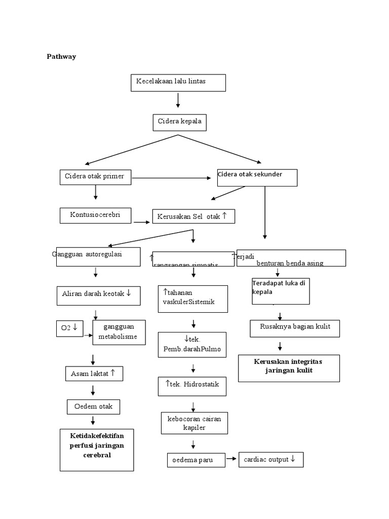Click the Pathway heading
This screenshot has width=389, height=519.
click(x=61, y=57)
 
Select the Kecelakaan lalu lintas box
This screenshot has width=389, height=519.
click(x=178, y=83)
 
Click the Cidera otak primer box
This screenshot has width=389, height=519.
click(x=95, y=177)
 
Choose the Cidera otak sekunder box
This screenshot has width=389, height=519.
click(x=257, y=177)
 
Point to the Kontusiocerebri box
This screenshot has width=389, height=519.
click(x=96, y=215)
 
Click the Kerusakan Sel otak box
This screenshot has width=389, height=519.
click(x=193, y=216)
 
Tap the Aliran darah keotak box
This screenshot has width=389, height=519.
click(x=98, y=295)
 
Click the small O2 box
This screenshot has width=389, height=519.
click(x=69, y=328)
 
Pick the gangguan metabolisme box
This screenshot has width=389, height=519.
click(x=120, y=332)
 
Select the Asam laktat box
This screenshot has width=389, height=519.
click(x=94, y=374)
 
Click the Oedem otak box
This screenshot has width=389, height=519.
click(x=93, y=406)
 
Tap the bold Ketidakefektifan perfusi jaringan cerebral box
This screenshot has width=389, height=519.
click(x=97, y=450)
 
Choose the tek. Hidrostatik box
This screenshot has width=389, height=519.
click(x=191, y=386)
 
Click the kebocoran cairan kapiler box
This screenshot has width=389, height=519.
click(x=194, y=423)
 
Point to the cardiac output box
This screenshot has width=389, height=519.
click(x=270, y=460)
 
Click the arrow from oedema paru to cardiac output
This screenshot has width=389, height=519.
click(x=231, y=459)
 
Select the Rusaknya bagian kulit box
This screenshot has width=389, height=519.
click(x=295, y=328)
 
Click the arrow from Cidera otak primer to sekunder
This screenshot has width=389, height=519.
click(x=171, y=178)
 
